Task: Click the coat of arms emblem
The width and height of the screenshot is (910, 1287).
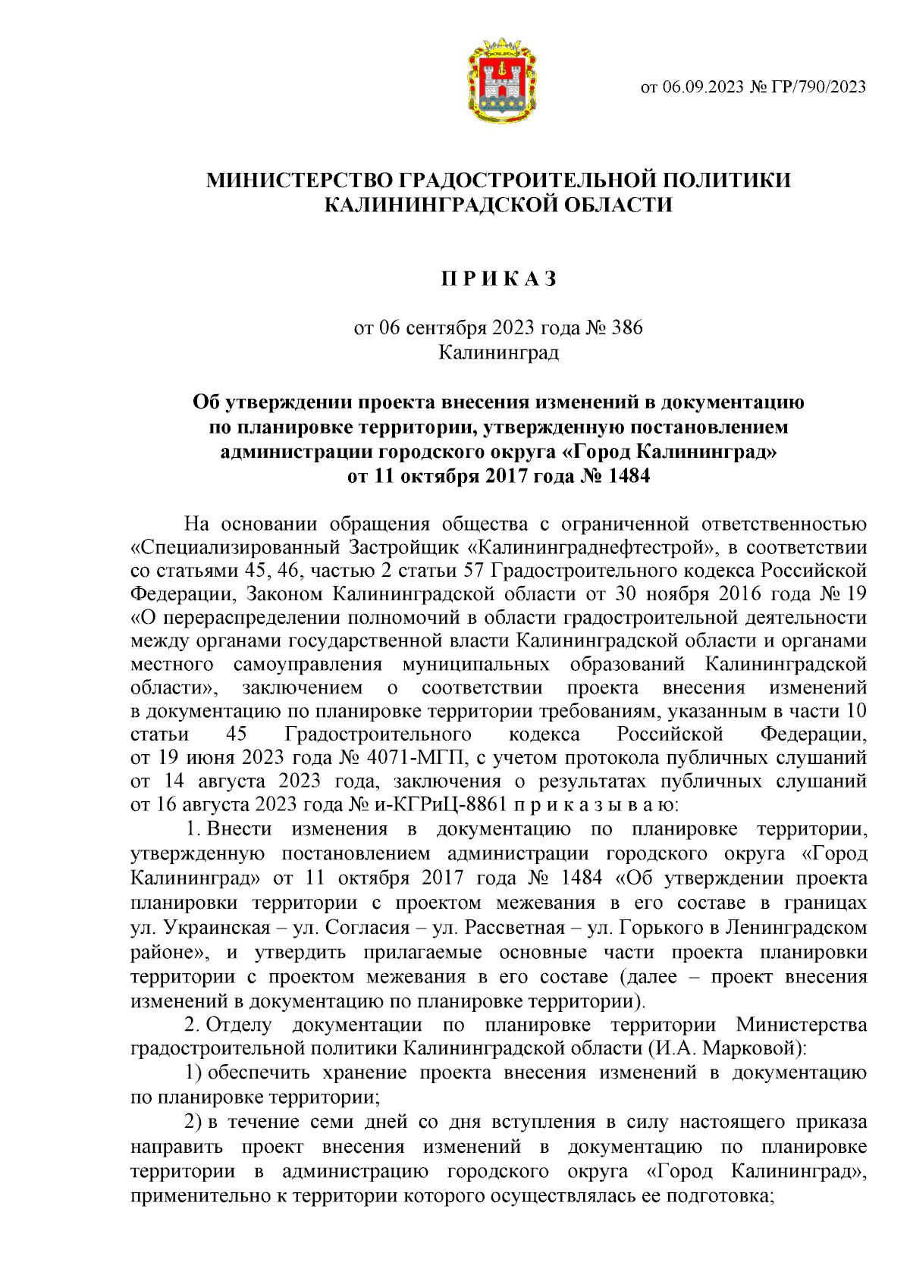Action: tap(502, 81)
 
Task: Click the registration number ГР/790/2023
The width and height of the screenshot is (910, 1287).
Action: tap(817, 86)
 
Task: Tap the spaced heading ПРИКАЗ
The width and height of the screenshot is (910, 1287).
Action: tap(500, 279)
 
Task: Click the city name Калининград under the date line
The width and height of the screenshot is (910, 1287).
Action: tap(499, 352)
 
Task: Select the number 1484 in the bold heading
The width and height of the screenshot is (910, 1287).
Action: tap(626, 476)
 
